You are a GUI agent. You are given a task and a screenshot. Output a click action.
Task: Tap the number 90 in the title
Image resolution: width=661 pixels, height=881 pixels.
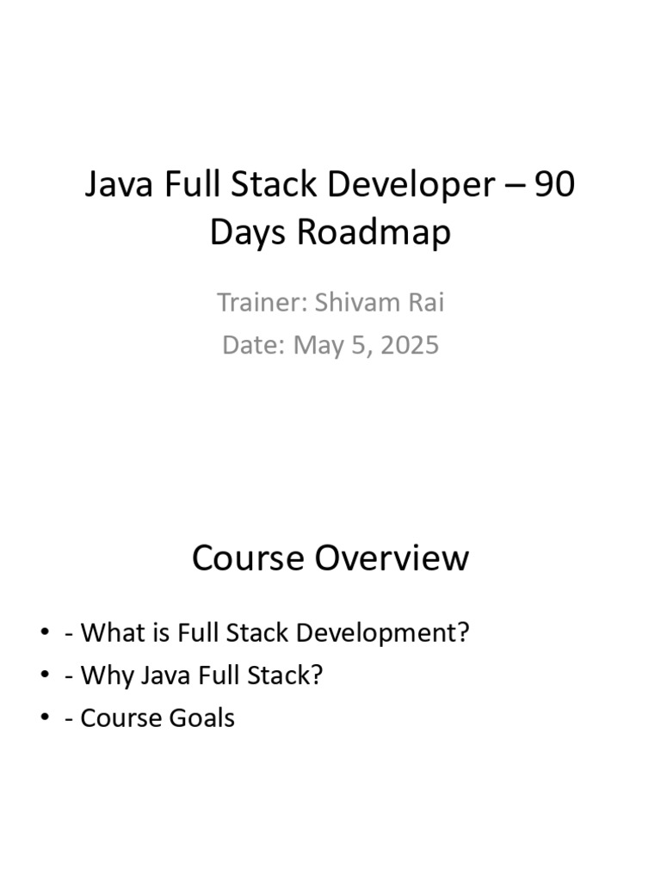[554, 186]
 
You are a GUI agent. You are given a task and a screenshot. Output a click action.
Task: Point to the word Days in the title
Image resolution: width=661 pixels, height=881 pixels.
[249, 233]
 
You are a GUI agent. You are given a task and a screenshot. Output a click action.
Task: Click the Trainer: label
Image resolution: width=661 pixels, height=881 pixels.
[262, 303]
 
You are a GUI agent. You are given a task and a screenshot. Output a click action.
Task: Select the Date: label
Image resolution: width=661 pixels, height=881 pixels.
[254, 345]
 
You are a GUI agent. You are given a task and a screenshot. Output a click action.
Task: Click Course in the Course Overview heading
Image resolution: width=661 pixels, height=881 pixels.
[248, 558]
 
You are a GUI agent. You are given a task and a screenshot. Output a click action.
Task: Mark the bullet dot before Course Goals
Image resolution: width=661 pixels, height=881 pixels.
[45, 718]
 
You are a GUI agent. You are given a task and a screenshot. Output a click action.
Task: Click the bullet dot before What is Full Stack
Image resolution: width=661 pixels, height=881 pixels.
[45, 633]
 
